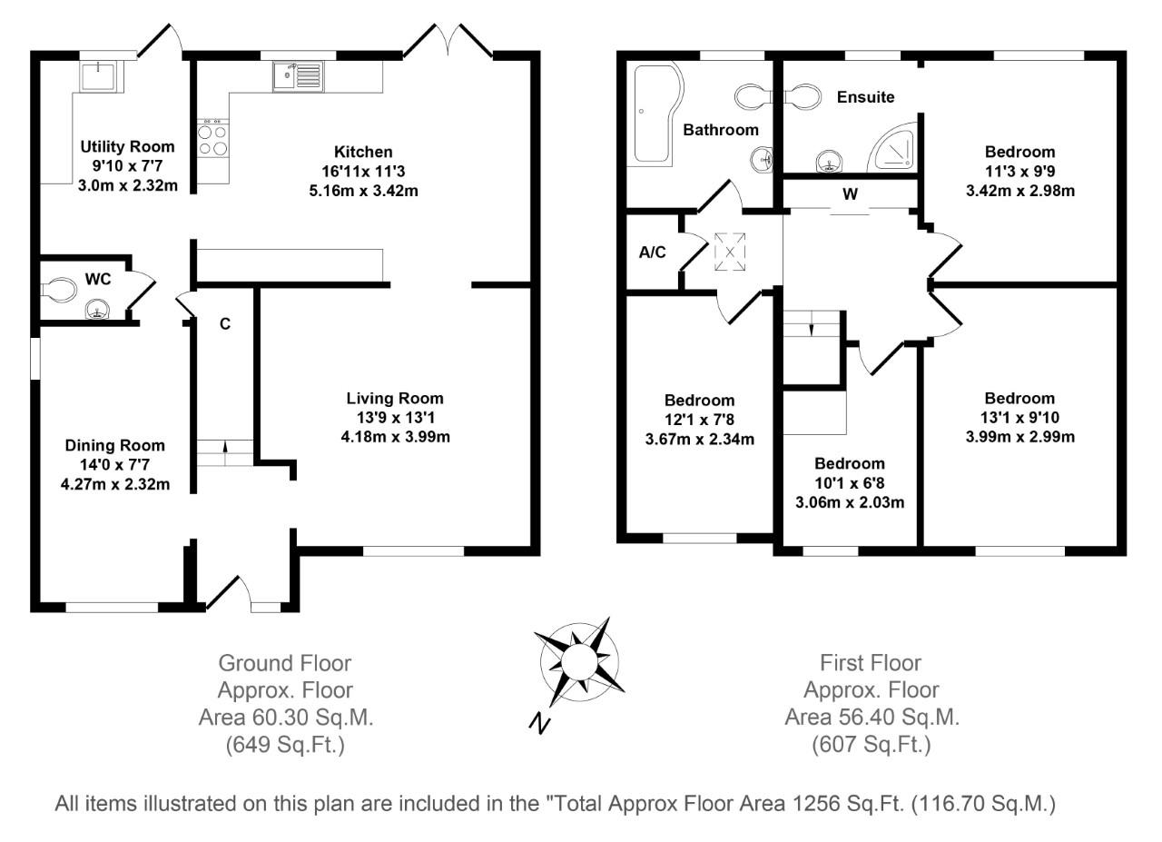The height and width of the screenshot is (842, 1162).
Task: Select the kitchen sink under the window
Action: (x=296, y=74)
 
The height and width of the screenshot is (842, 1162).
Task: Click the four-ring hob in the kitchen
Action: (x=213, y=137)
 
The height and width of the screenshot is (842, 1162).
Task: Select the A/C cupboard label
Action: (x=653, y=253)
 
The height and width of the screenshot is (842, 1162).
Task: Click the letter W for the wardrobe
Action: (x=850, y=194)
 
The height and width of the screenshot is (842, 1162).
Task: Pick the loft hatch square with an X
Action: (x=731, y=252)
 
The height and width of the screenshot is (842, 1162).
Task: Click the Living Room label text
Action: (x=395, y=398)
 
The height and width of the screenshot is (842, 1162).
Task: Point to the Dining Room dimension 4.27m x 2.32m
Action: (x=115, y=484)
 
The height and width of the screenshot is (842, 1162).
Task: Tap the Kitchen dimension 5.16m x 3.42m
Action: (x=363, y=191)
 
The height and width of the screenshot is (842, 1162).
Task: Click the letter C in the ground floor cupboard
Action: (x=224, y=323)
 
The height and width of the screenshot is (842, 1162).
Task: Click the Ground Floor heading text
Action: (x=286, y=663)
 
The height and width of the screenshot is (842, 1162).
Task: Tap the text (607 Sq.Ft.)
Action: (x=871, y=745)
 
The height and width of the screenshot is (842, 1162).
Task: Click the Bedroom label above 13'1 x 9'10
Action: (x=1019, y=398)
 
